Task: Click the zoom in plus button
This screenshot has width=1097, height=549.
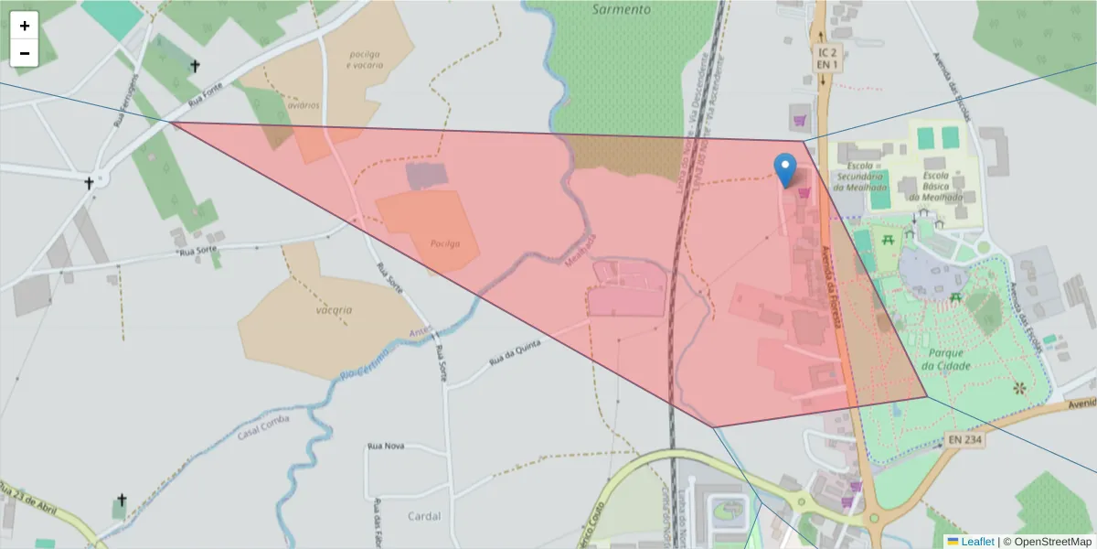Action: coord(25,26)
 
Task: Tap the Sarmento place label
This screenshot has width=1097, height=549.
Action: coord(621,9)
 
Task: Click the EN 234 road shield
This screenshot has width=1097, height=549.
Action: coord(965,440)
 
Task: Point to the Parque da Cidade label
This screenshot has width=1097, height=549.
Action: coord(947,359)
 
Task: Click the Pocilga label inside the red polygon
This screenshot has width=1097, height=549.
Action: coord(443,243)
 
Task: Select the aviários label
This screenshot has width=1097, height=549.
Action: coord(303,105)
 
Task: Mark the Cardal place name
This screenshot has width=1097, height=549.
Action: coord(424,516)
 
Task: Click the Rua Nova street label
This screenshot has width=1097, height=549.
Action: coord(385,446)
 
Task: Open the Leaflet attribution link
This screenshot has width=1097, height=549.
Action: coord(976,542)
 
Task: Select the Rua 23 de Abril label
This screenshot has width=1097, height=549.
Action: coord(29,501)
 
